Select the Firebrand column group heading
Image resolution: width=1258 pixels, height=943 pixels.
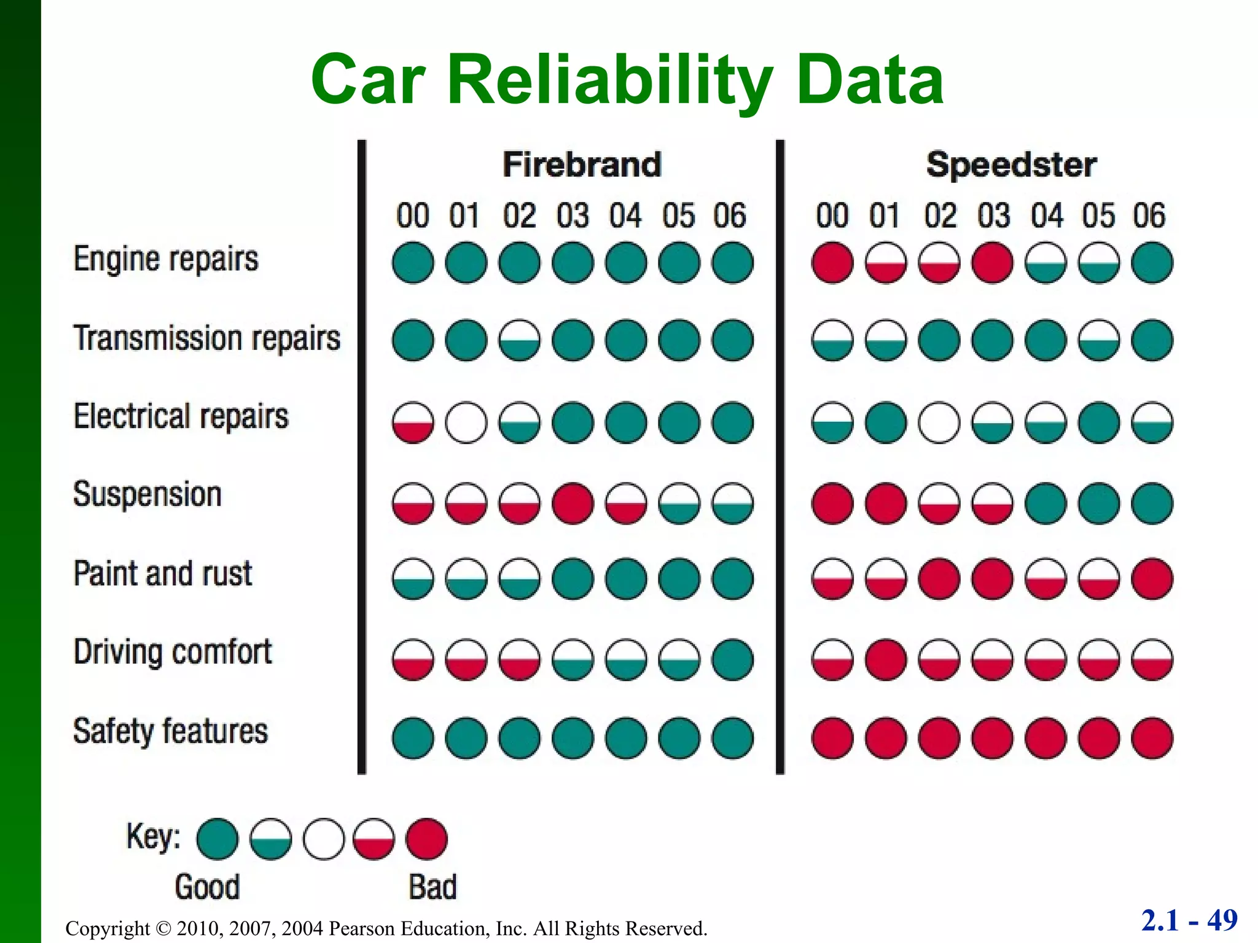click(x=581, y=165)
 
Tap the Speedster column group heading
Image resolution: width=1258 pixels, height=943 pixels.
click(x=1011, y=165)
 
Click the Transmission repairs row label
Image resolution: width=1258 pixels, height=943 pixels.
click(x=207, y=338)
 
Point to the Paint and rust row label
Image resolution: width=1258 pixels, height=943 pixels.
click(x=163, y=573)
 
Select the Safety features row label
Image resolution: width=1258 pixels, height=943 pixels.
click(x=170, y=731)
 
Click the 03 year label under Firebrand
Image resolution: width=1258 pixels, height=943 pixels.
click(x=572, y=215)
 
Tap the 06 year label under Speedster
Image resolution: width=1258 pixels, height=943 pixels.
click(x=1149, y=215)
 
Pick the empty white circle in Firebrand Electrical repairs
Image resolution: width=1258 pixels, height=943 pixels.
click(x=466, y=422)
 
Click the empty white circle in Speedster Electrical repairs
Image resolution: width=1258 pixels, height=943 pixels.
click(x=939, y=422)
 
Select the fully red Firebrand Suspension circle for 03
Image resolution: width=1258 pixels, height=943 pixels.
click(x=572, y=503)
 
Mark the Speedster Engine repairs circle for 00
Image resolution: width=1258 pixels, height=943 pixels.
click(x=832, y=263)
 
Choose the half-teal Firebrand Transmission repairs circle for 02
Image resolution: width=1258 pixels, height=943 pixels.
click(x=520, y=340)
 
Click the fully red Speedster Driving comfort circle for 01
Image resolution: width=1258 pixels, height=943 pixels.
click(x=886, y=660)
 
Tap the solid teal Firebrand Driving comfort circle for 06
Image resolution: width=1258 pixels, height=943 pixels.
click(x=732, y=660)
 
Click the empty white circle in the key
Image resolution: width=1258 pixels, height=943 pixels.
click(x=324, y=839)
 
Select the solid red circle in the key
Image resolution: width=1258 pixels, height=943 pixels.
click(x=426, y=839)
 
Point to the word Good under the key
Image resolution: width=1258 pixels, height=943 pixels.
click(x=207, y=887)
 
